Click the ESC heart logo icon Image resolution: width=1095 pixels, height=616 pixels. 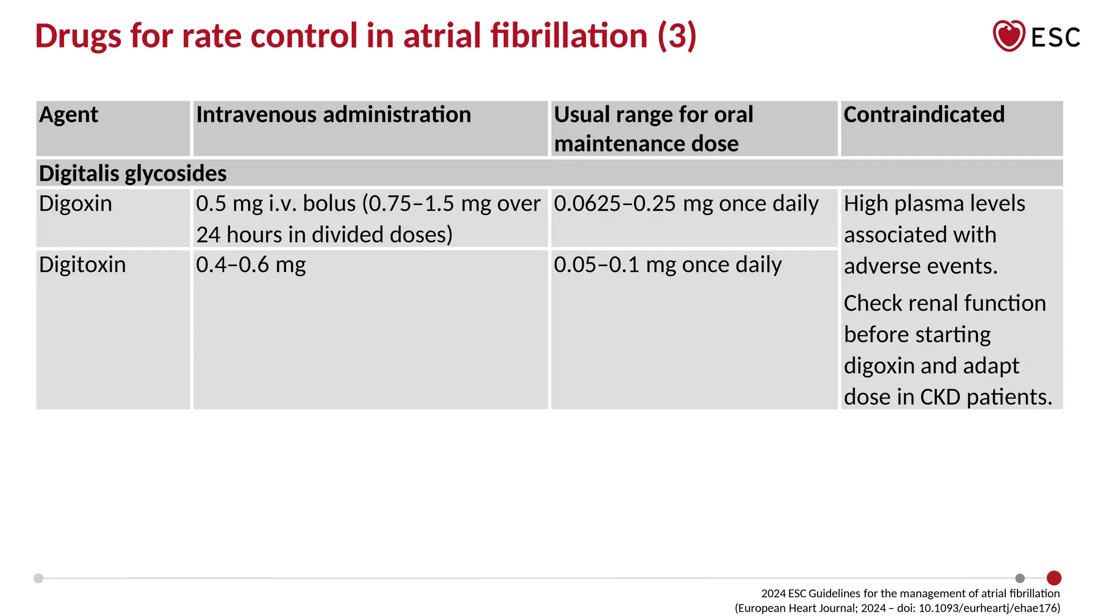(1008, 36)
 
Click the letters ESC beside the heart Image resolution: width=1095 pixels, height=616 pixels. (1055, 37)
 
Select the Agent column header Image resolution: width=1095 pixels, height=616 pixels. (68, 114)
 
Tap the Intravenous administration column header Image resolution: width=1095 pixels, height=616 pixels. (333, 114)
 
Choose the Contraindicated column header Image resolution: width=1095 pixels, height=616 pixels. (924, 114)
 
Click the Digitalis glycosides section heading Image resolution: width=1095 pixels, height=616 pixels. (133, 173)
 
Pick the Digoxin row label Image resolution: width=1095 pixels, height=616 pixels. (75, 204)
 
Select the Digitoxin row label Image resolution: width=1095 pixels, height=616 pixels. (82, 265)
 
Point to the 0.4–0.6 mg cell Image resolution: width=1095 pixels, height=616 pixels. (251, 265)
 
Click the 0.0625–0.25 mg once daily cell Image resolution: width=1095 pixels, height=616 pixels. (686, 204)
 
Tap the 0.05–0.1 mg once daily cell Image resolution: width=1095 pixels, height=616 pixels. (667, 265)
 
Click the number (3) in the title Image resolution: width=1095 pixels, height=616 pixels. (677, 36)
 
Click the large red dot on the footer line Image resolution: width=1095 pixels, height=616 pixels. (1054, 578)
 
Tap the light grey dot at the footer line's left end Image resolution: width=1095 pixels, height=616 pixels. (38, 578)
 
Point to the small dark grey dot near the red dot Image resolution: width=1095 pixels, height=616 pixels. (1020, 578)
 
